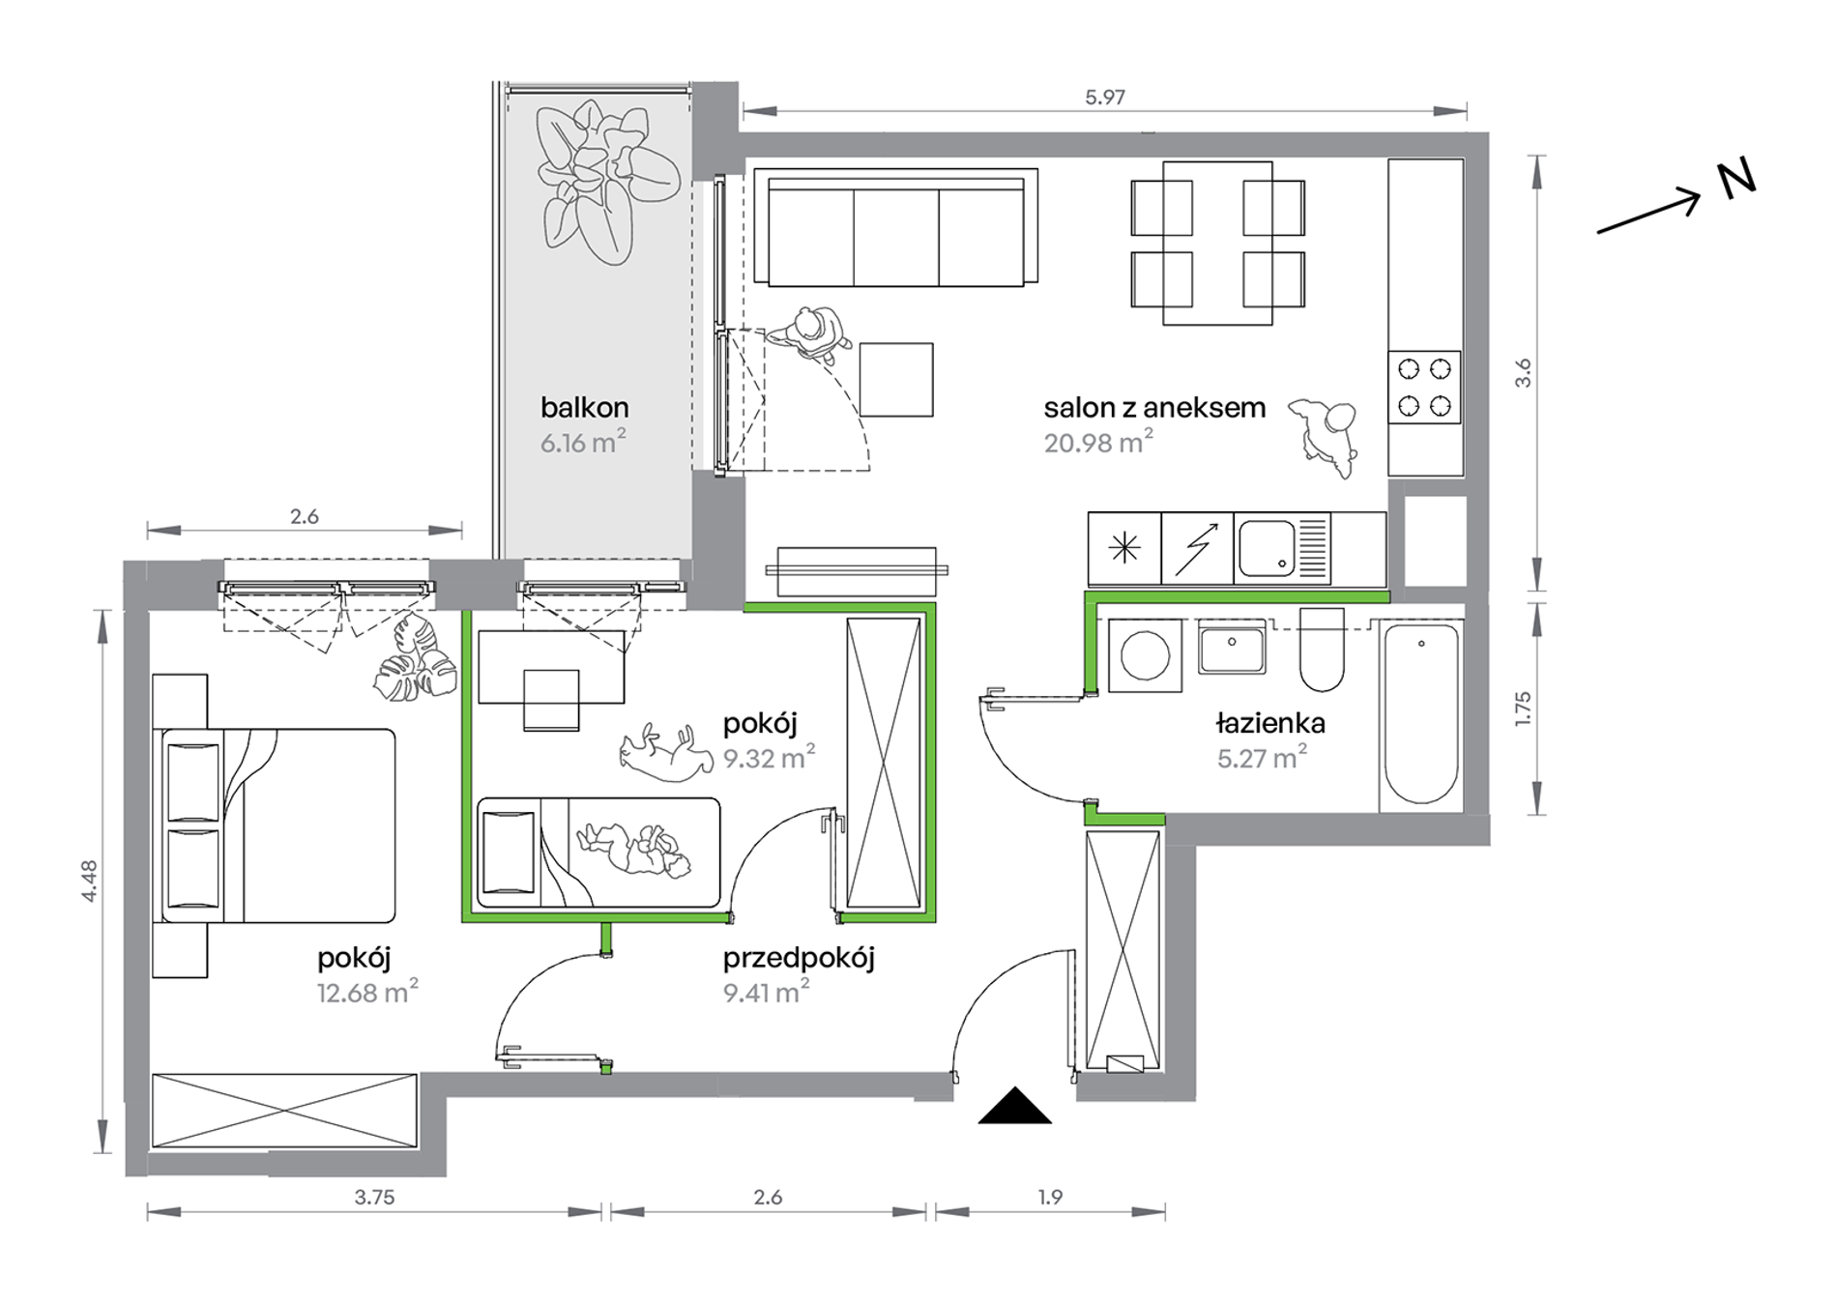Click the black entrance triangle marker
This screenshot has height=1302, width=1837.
(x=1014, y=1108)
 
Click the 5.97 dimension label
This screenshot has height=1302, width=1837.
(x=1104, y=97)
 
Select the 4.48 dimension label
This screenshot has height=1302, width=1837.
(x=90, y=881)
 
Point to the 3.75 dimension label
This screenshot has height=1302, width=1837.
(x=374, y=1198)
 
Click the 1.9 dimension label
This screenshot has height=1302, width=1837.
(x=1050, y=1198)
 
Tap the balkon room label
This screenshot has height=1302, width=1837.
(x=584, y=408)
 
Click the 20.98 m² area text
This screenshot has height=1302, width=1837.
(x=1098, y=443)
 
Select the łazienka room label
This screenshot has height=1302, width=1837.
(x=1270, y=723)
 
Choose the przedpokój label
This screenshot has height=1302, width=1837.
(x=799, y=959)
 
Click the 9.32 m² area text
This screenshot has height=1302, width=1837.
(x=769, y=758)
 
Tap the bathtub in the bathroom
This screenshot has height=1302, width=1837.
(x=1421, y=714)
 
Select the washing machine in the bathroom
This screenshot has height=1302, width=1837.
(x=1145, y=655)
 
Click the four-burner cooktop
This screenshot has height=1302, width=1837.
(x=1424, y=387)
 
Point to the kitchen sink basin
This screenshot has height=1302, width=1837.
(x=1266, y=548)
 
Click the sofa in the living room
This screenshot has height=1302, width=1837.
(x=895, y=228)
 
